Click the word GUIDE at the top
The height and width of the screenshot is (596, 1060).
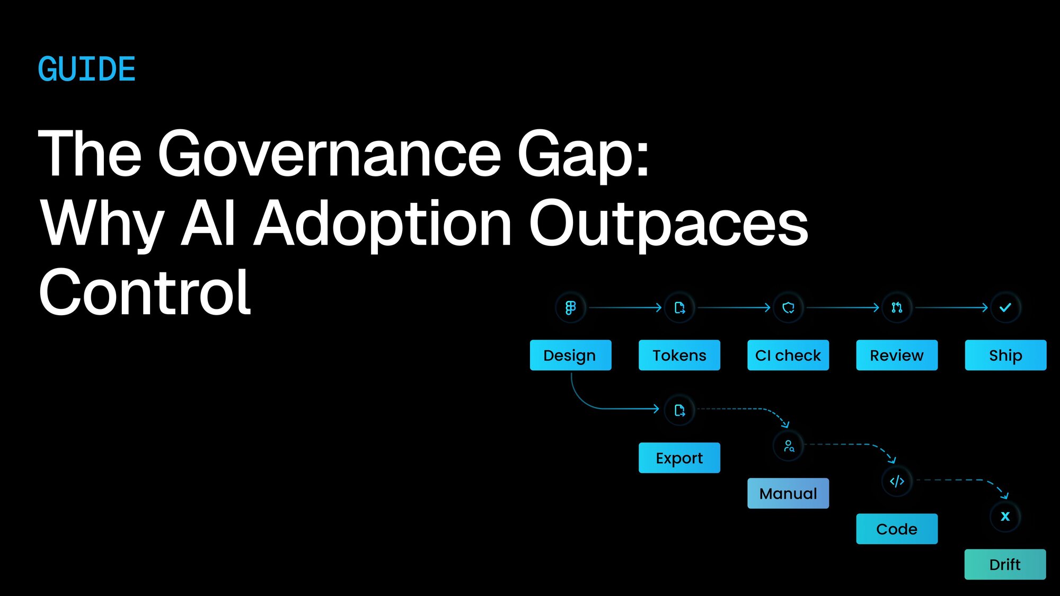click(x=87, y=69)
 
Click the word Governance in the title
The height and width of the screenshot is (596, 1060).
click(x=329, y=154)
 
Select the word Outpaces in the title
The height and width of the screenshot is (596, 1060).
click(x=668, y=225)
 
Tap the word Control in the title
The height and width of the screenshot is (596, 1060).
click(x=145, y=292)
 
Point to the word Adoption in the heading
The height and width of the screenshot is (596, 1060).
click(x=382, y=225)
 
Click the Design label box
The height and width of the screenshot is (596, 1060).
click(x=570, y=355)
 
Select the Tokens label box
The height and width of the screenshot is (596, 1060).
click(x=679, y=355)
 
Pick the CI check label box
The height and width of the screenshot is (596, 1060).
click(x=788, y=355)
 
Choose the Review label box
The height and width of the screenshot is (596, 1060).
click(x=897, y=355)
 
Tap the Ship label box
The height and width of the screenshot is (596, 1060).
click(x=1005, y=355)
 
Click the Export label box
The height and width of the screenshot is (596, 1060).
click(x=679, y=458)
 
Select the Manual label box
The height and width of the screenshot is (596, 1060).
click(x=788, y=493)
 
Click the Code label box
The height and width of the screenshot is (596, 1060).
click(x=897, y=529)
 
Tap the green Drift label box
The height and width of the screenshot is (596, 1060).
click(x=1005, y=564)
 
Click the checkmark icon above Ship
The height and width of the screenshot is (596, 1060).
click(x=1005, y=307)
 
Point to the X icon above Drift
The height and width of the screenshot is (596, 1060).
click(x=1005, y=516)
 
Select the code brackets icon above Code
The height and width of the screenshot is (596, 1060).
click(x=897, y=481)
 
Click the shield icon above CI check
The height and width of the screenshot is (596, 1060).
click(x=788, y=307)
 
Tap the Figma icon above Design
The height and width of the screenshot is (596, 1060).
click(x=570, y=307)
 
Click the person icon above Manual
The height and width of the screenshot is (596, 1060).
click(x=789, y=446)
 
